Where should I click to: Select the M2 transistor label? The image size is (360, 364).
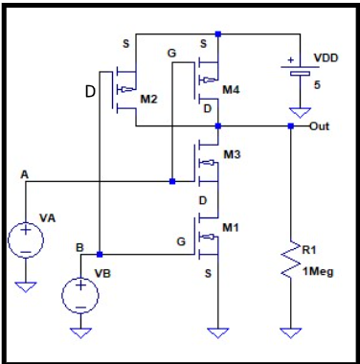(147, 98)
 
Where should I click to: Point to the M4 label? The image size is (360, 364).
(231, 89)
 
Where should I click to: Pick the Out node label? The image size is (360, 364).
(321, 125)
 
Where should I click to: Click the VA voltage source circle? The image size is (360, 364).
(25, 239)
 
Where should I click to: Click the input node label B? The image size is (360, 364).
(79, 247)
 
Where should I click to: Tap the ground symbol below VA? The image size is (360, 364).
(25, 284)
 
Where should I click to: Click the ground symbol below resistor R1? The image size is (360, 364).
(291, 332)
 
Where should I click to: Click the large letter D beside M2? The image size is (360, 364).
(89, 92)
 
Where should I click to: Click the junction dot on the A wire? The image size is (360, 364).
(171, 179)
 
